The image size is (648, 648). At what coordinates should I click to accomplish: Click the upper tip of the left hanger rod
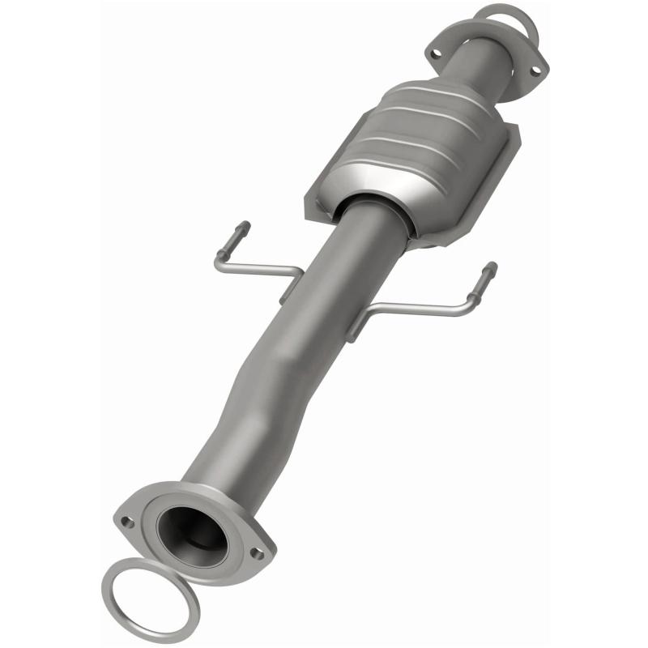[244, 227]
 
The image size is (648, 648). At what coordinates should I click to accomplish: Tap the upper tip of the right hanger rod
[492, 266]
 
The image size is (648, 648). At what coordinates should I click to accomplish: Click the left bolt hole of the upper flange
[435, 53]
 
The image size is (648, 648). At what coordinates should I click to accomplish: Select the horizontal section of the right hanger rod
[421, 308]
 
